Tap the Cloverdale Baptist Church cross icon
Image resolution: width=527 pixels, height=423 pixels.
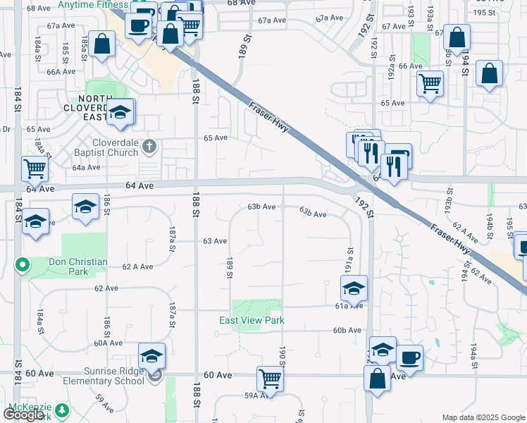click(x=148, y=147)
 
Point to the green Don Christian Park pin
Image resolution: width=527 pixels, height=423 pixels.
click(x=22, y=266)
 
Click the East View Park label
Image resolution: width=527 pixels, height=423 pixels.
click(x=252, y=320)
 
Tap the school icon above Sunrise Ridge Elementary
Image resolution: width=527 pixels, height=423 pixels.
click(x=151, y=356)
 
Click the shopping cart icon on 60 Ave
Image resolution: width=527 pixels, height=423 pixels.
click(x=271, y=379)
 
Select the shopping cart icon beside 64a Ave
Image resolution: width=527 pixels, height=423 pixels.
click(x=35, y=168)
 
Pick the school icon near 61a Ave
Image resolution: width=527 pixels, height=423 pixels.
click(x=354, y=287)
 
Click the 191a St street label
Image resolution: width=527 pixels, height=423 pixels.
click(x=348, y=260)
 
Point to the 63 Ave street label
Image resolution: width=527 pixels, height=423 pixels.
click(x=215, y=241)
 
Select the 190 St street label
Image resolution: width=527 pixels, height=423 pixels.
click(x=283, y=357)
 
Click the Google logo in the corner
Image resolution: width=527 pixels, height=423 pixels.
click(x=23, y=415)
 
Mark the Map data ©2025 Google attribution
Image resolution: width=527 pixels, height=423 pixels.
click(x=483, y=417)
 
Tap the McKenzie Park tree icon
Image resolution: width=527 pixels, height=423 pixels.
click(x=62, y=409)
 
